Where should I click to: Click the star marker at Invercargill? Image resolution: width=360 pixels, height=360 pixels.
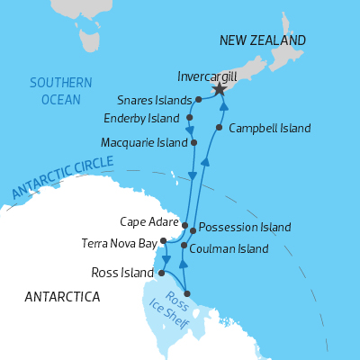[218, 90]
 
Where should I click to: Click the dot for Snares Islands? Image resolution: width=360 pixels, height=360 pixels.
[198, 100]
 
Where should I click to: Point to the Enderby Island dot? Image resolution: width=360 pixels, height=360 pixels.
[190, 117]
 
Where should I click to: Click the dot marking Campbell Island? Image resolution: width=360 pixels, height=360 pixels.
[219, 127]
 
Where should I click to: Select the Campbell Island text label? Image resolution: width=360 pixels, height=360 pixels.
[270, 128]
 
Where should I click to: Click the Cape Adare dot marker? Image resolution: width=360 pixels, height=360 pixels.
[184, 225]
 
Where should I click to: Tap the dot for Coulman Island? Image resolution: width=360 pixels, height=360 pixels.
[184, 245]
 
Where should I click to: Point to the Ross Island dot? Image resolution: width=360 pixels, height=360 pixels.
[161, 272]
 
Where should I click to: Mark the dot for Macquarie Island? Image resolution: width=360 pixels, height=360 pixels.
[193, 142]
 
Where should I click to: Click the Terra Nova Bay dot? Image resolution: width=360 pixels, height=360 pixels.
[163, 241]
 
